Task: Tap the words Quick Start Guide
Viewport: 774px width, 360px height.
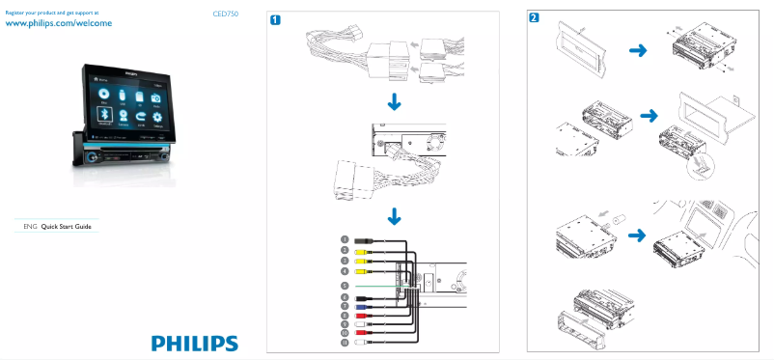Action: pyautogui.click(x=71, y=225)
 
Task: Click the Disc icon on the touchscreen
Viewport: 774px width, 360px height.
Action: pyautogui.click(x=102, y=93)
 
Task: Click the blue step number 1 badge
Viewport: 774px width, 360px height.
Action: pyautogui.click(x=276, y=19)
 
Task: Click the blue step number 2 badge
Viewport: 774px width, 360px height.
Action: pyautogui.click(x=535, y=19)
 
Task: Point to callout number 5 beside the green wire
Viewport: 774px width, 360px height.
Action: pyautogui.click(x=344, y=286)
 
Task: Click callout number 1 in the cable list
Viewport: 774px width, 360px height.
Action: pyautogui.click(x=344, y=238)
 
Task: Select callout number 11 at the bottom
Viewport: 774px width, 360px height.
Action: pyautogui.click(x=344, y=342)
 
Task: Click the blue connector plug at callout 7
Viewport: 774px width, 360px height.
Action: pyautogui.click(x=361, y=306)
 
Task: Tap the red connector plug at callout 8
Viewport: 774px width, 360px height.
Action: pyautogui.click(x=361, y=316)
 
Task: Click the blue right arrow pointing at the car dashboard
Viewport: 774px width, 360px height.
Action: pyautogui.click(x=638, y=234)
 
